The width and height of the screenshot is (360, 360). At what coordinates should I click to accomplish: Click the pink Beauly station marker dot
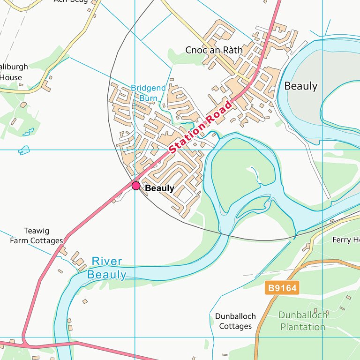coord(136,186)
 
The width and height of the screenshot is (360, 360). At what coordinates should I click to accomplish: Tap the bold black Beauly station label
coord(159,188)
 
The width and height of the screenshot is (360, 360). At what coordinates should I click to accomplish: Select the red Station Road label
coord(201,127)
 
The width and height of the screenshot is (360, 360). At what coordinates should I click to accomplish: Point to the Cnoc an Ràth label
coord(214,50)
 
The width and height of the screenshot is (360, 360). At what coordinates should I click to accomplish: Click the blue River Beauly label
coord(107,268)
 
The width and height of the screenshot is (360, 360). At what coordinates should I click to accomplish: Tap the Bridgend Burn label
coord(148,93)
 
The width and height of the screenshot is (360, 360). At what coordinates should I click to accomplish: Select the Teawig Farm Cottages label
coord(37,236)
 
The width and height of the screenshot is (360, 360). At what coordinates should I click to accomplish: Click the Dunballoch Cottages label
coord(236,321)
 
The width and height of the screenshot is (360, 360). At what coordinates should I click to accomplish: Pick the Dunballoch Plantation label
coord(302,321)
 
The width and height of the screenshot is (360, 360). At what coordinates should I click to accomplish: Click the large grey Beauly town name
coord(301,86)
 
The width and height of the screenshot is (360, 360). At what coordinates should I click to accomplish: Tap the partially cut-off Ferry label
coord(345,240)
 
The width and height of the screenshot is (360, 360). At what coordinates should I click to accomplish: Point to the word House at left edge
coord(11,77)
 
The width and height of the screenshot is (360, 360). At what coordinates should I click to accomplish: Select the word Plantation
coord(302,327)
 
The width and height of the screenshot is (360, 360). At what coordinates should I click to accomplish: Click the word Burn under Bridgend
coord(148,98)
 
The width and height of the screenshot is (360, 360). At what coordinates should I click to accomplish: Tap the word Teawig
coord(37,231)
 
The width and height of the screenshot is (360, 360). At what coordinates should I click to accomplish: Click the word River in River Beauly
coord(107,261)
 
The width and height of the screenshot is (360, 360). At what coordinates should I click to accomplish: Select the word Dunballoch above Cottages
coord(236,316)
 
